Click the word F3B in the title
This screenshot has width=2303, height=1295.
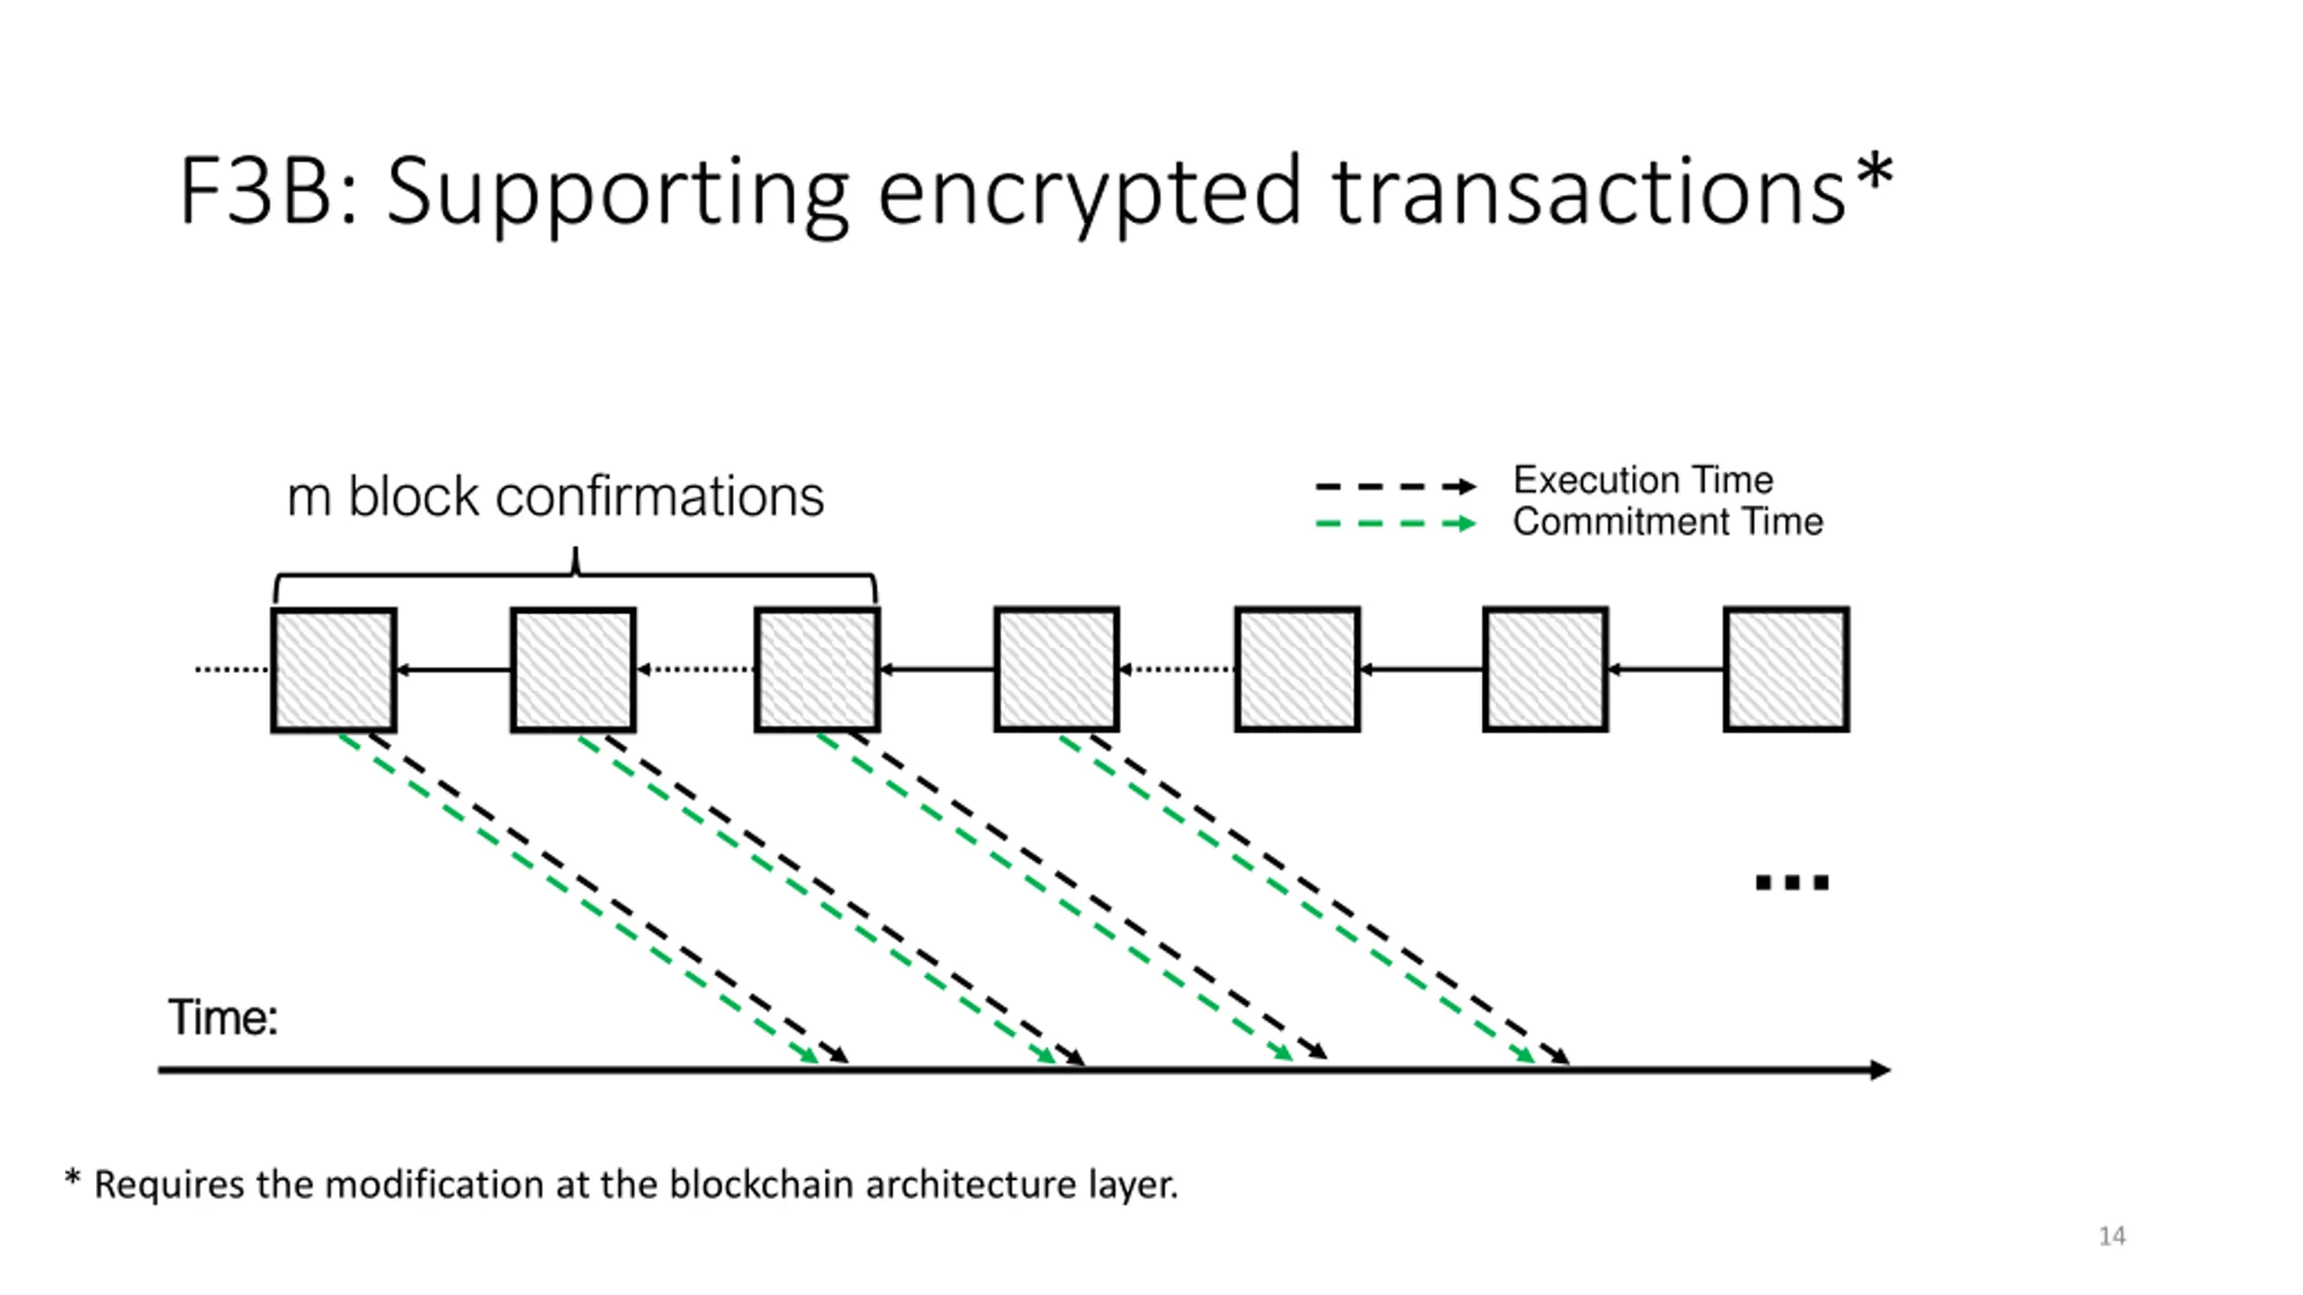pyautogui.click(x=256, y=191)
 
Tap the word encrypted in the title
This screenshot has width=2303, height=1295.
pyautogui.click(x=1089, y=192)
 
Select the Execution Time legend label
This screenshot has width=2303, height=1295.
pyautogui.click(x=1643, y=480)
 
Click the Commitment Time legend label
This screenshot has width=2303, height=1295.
pyautogui.click(x=1668, y=522)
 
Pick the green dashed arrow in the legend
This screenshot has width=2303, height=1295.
pyautogui.click(x=1395, y=523)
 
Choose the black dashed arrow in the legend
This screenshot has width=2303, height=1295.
pyautogui.click(x=1395, y=487)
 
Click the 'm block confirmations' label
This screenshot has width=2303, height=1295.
pyautogui.click(x=555, y=496)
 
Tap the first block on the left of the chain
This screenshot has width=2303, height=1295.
pyautogui.click(x=334, y=670)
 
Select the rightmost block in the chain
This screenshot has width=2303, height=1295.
pyautogui.click(x=1787, y=669)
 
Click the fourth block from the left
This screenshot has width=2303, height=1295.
pyautogui.click(x=1057, y=669)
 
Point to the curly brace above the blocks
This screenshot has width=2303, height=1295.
pyautogui.click(x=576, y=574)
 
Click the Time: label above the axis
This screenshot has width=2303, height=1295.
pyautogui.click(x=223, y=1018)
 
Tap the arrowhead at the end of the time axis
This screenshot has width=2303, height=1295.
pyautogui.click(x=1881, y=1070)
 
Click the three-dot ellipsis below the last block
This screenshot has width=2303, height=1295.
pyautogui.click(x=1792, y=882)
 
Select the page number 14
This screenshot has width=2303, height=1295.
pyautogui.click(x=2112, y=1237)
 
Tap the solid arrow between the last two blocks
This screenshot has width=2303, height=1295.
pyautogui.click(x=1665, y=669)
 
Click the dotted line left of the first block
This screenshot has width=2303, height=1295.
pyautogui.click(x=233, y=670)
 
